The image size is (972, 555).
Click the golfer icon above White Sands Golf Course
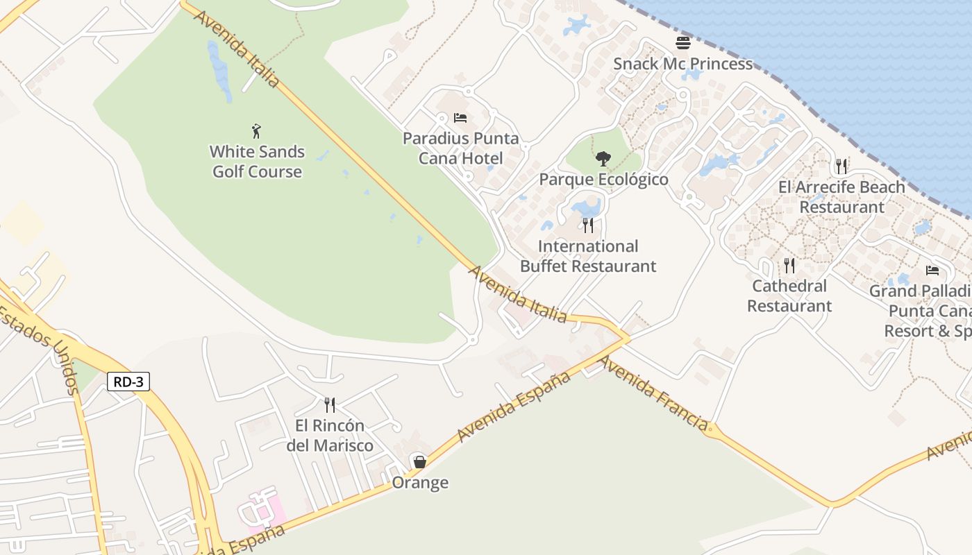(x=257, y=131)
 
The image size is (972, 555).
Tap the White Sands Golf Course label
(x=257, y=162)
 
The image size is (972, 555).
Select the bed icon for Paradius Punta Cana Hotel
(x=460, y=118)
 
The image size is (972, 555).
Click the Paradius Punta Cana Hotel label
(x=460, y=148)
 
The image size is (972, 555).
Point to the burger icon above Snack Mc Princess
(x=683, y=43)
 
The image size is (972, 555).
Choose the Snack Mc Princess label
(x=682, y=64)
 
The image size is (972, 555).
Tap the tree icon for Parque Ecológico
(x=603, y=159)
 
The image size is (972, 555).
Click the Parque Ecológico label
(x=603, y=180)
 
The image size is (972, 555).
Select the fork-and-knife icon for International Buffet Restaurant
(x=588, y=225)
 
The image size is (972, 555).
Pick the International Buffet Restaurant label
(x=588, y=256)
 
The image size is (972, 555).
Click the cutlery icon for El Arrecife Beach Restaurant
(x=841, y=166)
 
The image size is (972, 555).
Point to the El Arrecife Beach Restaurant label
(x=841, y=197)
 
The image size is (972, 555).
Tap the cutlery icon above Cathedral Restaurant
(x=789, y=266)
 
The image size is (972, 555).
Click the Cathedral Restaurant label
(x=789, y=296)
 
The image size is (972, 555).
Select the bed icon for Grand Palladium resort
(x=932, y=271)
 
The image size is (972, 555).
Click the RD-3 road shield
(x=128, y=381)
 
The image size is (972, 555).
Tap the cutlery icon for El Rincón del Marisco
(x=330, y=405)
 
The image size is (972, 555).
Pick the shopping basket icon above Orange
(x=420, y=461)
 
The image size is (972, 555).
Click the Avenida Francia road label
(x=654, y=393)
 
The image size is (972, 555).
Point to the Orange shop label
(x=420, y=483)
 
